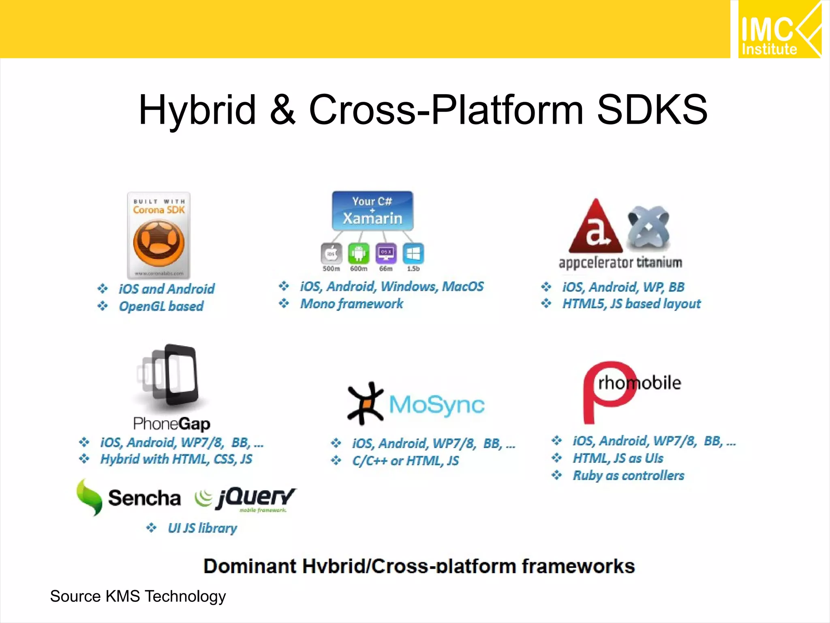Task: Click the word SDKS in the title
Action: click(652, 110)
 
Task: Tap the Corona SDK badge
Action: click(158, 235)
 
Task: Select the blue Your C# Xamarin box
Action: click(372, 211)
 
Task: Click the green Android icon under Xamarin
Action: click(359, 253)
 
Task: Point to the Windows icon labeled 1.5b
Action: click(413, 253)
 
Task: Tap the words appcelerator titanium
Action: click(620, 262)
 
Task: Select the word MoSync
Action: click(436, 404)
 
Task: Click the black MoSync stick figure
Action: click(365, 404)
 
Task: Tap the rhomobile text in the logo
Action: click(639, 383)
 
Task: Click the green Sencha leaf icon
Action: click(89, 497)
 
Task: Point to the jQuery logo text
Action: click(256, 497)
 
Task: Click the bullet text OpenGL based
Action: click(161, 306)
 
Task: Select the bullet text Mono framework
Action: click(351, 304)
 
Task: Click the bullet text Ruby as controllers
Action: click(628, 475)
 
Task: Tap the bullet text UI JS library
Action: click(202, 528)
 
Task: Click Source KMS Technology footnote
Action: click(138, 596)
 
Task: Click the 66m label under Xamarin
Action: click(386, 269)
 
